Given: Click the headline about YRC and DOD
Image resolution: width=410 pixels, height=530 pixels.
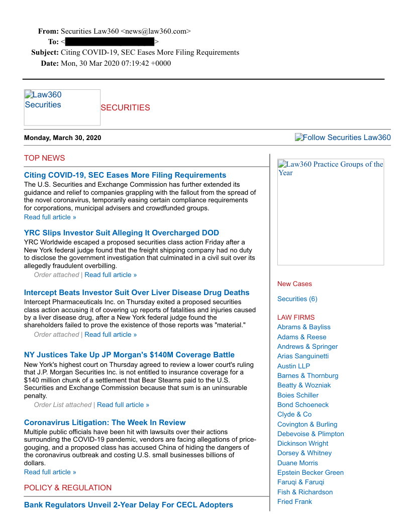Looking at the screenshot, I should coord(121,233).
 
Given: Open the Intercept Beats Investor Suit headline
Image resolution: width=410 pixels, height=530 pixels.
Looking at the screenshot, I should coord(136,293).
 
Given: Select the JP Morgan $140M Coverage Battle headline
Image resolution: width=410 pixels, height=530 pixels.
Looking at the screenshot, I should coord(129,355).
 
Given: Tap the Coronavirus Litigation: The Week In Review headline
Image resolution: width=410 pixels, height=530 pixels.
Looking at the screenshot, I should coord(105,423).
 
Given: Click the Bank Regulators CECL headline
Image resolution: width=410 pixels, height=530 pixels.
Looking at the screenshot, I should coord(128,505).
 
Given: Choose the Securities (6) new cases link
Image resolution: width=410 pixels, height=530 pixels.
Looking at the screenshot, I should coord(297,299).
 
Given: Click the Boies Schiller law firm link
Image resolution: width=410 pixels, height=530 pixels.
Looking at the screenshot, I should coord(297,395).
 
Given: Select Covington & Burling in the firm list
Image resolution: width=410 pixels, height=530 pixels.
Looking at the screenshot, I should coord(307,425).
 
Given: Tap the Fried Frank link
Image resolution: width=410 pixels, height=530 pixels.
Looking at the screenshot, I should coord(294,502).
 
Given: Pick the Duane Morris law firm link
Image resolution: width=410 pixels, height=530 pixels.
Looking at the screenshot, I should coord(297,463).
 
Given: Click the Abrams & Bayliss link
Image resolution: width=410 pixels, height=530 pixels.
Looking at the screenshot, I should coord(303,327).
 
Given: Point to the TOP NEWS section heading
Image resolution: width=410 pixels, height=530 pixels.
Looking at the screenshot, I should coord(44,158).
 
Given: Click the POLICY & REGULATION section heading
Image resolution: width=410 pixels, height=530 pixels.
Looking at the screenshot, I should coord(68,488).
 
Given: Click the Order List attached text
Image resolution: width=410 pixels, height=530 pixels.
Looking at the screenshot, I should coord(63,405).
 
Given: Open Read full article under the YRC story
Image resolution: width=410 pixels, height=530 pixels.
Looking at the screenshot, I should coord(111,275).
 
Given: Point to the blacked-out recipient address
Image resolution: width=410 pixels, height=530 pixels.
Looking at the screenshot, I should coord(110,42).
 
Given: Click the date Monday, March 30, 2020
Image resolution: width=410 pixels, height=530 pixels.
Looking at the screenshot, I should coord(62,138).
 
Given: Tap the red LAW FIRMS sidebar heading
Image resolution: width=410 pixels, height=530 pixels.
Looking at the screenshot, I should coord(296,318).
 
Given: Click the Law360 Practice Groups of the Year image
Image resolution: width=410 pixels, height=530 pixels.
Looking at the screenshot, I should coord(330,212).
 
